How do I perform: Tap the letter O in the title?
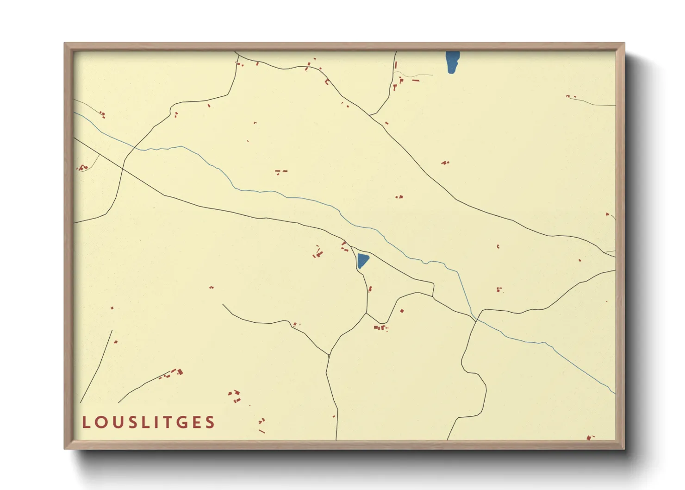100,422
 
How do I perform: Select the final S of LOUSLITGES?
211,422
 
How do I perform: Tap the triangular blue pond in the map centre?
362,260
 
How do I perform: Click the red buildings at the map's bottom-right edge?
589,437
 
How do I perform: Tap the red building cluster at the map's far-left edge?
82,167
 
